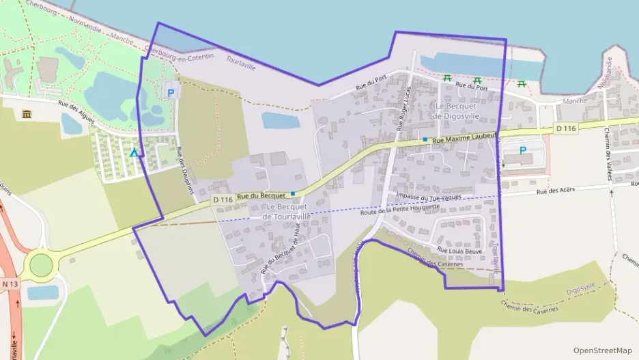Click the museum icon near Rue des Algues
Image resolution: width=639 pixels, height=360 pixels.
[27, 114]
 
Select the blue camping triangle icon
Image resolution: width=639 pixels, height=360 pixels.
[135, 153]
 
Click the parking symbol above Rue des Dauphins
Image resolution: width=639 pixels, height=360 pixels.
[170, 92]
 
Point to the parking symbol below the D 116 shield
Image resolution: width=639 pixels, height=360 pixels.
[523, 150]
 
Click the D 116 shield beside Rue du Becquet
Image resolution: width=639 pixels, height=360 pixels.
[223, 199]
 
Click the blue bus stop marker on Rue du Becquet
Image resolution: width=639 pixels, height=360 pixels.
[293, 194]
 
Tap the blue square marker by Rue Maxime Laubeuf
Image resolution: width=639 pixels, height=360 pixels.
[425, 139]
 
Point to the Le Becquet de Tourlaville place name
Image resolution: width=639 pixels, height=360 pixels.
[287, 211]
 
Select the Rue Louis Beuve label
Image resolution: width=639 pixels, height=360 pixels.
[459, 250]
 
